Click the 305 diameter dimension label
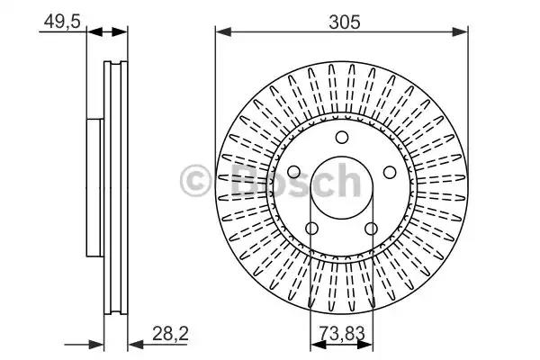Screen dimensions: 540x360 344,22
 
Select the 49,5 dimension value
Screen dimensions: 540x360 62,22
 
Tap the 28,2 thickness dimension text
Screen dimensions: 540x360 170,334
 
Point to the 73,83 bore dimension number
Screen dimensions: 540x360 342,333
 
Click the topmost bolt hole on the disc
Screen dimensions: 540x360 342,137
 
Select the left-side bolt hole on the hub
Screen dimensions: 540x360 293,172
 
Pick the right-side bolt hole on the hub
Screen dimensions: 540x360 390,172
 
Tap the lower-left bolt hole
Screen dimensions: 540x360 312,229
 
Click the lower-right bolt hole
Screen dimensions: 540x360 371,229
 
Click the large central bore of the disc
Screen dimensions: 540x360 342,188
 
